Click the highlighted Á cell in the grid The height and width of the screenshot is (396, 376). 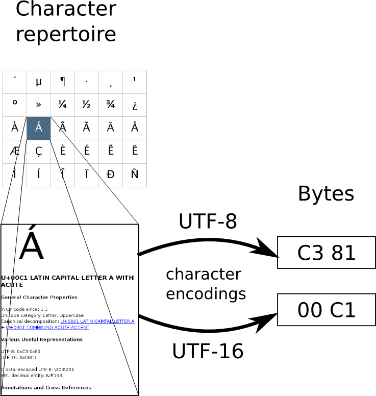(39, 128)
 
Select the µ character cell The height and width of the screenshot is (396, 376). (39, 82)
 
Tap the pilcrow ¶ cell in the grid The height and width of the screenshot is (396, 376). (63, 82)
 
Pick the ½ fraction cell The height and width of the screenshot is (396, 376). (87, 105)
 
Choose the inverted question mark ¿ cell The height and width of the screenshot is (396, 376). (135, 105)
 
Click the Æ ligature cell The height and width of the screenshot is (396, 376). (15, 152)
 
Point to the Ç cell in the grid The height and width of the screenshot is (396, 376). (39, 152)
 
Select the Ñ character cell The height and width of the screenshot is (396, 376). (135, 175)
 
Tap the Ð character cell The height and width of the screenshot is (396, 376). (111, 175)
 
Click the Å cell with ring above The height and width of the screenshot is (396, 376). (135, 128)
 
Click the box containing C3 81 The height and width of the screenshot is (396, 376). (326, 253)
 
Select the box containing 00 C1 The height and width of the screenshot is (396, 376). (326, 310)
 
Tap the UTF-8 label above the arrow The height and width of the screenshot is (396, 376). (208, 221)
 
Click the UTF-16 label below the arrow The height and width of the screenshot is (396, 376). (208, 352)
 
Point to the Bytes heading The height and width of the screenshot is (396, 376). (325, 194)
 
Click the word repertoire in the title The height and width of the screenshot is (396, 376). (66, 35)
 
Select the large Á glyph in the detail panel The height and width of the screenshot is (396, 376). (31, 245)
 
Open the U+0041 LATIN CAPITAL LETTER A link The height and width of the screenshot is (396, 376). (97, 321)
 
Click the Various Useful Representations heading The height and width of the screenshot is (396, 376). (42, 339)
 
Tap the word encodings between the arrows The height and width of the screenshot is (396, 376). (206, 294)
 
